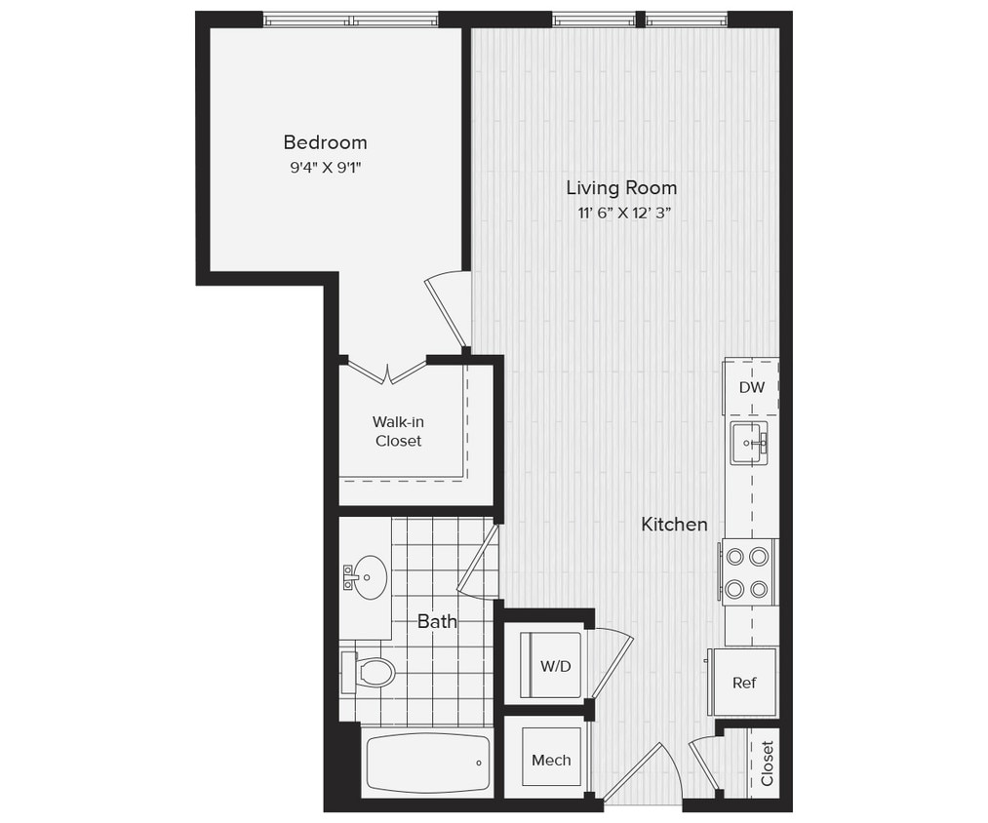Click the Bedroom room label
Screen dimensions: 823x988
[x=325, y=142]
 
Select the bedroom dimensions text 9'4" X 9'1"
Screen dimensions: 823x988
[x=325, y=167]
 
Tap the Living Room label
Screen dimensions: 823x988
[x=621, y=188]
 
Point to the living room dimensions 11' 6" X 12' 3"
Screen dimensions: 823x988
[x=621, y=214]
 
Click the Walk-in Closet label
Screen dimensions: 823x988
[x=399, y=431]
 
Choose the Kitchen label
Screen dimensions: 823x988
[x=674, y=525]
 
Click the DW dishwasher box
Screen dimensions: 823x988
[x=751, y=387]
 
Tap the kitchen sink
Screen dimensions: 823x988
[x=749, y=444]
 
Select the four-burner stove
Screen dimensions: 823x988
[x=748, y=572]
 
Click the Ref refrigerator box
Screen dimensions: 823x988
[x=743, y=683]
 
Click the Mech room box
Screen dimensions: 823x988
[x=551, y=760]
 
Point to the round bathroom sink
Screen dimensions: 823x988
[x=368, y=578]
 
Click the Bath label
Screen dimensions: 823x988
[x=437, y=621]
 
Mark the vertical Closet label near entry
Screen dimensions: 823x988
[x=767, y=764]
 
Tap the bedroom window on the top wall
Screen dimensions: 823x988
[x=351, y=20]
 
